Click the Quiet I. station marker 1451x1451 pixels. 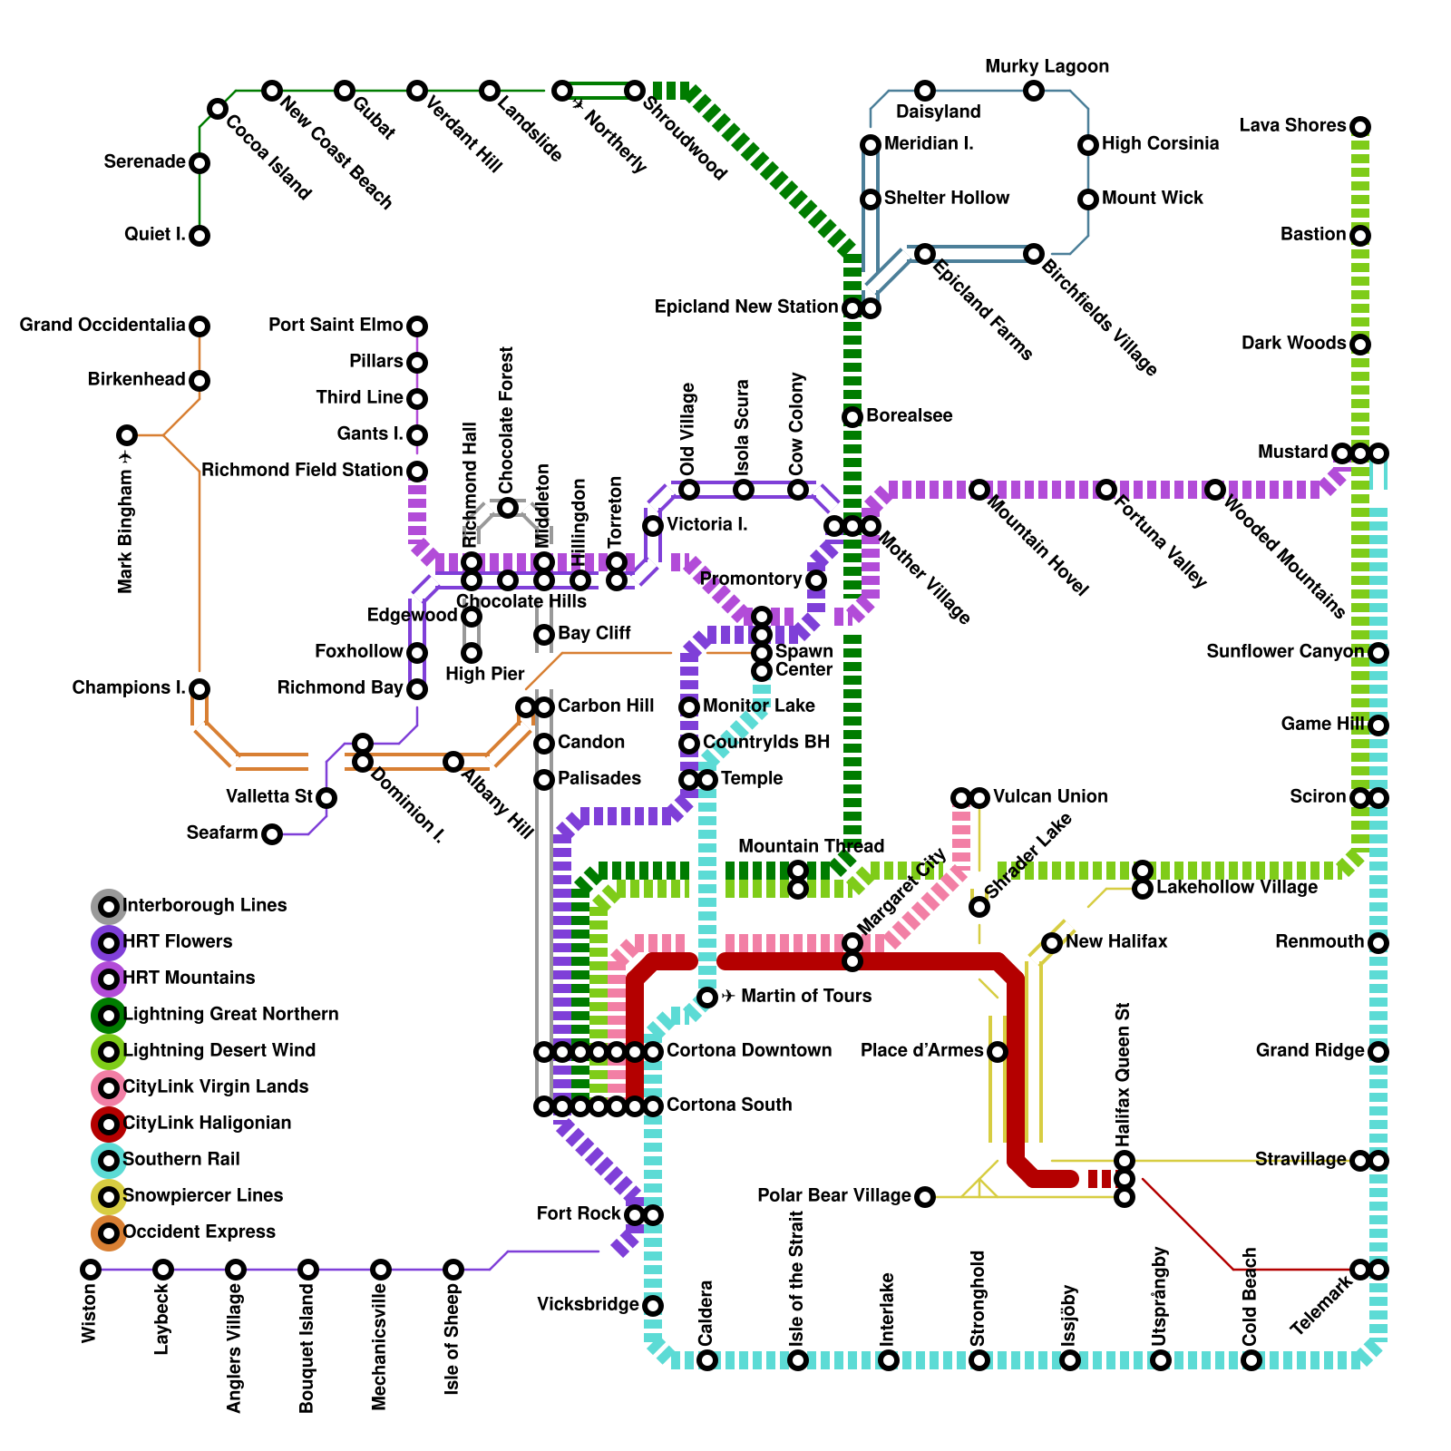click(x=200, y=236)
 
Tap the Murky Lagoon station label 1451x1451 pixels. click(x=1047, y=67)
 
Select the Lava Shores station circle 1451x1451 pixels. click(x=1359, y=127)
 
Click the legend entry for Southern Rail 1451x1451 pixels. click(x=180, y=1160)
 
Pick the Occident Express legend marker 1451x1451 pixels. click(x=109, y=1232)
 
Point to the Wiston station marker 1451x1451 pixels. click(x=91, y=1270)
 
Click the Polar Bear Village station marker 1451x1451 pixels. click(x=924, y=1197)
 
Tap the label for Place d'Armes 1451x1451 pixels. click(x=921, y=1051)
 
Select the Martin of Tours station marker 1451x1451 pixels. click(x=707, y=998)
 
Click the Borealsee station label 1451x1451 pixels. click(x=909, y=416)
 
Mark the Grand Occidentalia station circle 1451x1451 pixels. click(x=200, y=326)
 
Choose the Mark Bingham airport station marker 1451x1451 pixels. click(x=127, y=435)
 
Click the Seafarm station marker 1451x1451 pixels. click(x=272, y=834)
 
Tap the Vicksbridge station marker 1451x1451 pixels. click(x=653, y=1306)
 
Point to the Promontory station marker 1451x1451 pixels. click(x=816, y=580)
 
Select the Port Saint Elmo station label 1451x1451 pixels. click(x=336, y=326)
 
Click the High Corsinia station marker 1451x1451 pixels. click(x=1088, y=145)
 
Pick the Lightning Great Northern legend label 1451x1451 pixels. click(x=230, y=1015)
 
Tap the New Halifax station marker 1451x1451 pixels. click(x=1052, y=943)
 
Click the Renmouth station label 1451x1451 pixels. click(x=1319, y=942)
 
